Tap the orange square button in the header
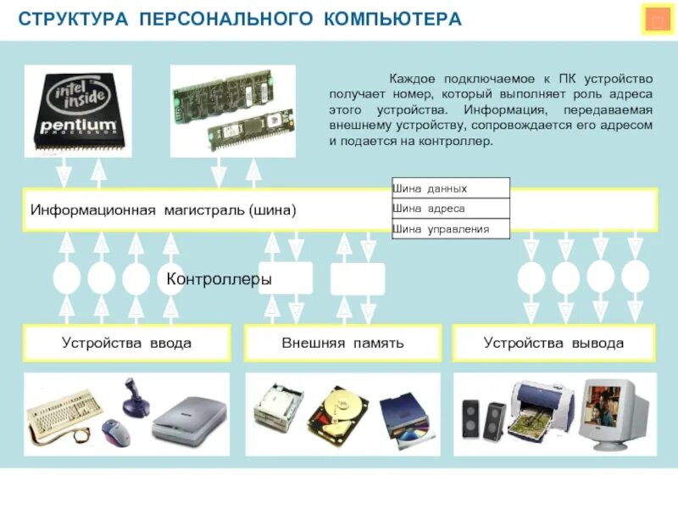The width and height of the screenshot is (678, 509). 657,21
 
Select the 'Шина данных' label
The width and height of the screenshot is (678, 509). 431,188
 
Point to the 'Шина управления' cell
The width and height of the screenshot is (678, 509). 441,229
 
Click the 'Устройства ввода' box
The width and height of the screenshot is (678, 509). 126,344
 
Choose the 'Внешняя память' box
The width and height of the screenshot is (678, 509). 342,344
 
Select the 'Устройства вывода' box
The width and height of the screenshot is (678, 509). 553,344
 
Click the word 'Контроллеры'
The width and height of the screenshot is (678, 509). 219,279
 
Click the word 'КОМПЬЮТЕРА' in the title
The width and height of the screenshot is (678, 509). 392,19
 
